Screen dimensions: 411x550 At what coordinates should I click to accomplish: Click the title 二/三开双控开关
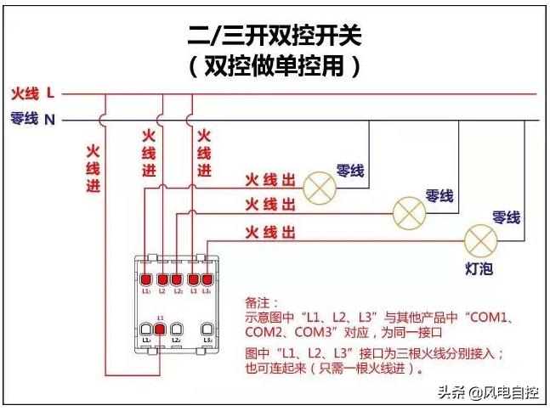[x=275, y=35]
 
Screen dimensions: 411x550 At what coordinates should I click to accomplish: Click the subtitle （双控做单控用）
[x=275, y=65]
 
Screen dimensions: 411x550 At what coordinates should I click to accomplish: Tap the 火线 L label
[x=33, y=92]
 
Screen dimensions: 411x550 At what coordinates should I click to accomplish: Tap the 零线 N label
[x=33, y=119]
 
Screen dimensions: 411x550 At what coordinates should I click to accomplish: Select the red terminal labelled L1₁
[x=146, y=279]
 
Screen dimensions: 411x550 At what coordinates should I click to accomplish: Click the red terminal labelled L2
[x=162, y=279]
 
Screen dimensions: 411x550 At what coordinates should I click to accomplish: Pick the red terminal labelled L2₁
[x=178, y=279]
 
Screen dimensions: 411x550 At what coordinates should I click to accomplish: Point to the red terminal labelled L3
[x=193, y=279]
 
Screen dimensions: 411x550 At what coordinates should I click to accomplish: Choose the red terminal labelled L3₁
[x=207, y=279]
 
